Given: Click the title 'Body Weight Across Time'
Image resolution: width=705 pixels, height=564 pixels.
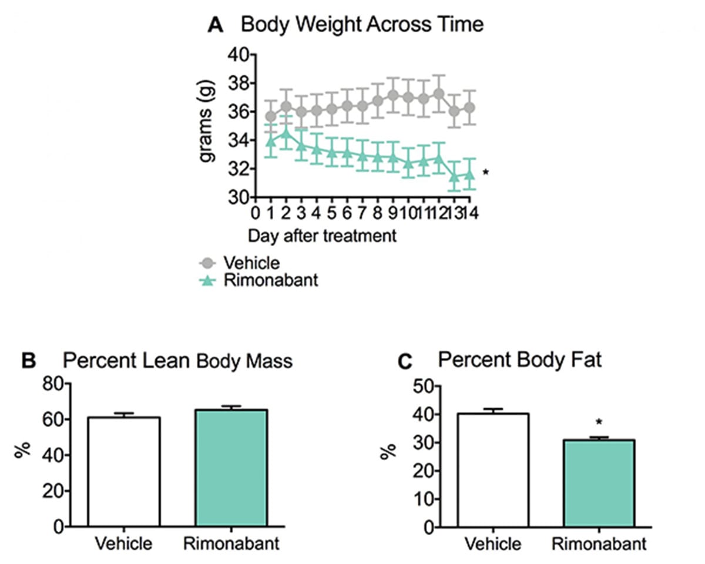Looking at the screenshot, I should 362,25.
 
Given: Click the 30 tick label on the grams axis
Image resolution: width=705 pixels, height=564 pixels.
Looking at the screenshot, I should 238,197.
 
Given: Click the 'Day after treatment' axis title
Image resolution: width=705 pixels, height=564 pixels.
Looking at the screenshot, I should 321,236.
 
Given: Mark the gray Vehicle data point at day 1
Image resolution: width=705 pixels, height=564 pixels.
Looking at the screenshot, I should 271,116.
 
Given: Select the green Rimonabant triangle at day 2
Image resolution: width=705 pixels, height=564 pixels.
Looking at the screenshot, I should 286,133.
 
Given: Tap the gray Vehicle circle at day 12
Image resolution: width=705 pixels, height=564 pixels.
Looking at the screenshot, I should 438,94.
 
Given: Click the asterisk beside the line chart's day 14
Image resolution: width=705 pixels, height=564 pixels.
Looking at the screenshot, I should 485,173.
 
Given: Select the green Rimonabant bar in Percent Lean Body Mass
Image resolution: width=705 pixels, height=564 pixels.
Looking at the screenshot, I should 231,468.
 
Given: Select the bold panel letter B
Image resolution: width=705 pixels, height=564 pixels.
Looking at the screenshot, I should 29,361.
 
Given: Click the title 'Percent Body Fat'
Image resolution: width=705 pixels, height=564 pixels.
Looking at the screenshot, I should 519,360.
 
